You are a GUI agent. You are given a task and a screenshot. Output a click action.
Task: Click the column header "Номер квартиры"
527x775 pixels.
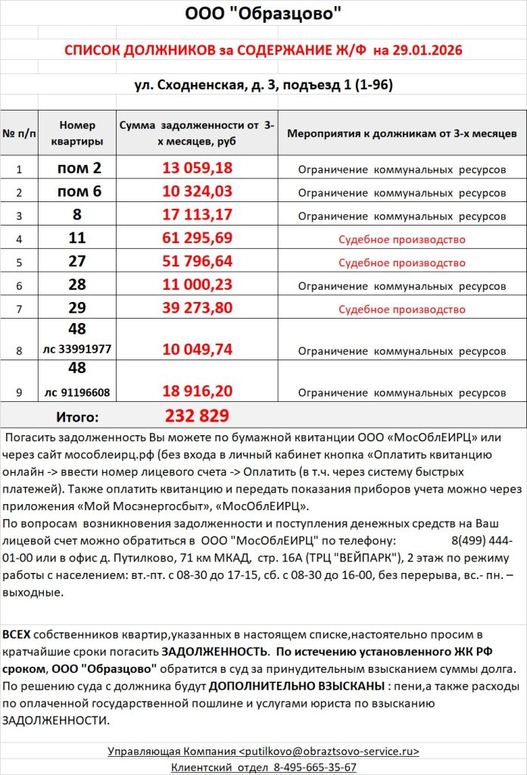tap(77, 133)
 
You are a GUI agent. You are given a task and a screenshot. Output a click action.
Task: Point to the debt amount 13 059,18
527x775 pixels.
tap(197, 168)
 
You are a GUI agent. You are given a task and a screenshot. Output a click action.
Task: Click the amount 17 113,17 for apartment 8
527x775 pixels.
tap(197, 215)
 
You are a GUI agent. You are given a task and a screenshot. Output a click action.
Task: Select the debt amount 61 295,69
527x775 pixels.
tap(197, 238)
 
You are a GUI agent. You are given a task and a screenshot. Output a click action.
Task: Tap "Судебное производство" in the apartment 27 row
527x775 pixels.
tap(401, 263)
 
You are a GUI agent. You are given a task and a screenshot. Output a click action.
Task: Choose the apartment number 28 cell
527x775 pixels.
tap(77, 285)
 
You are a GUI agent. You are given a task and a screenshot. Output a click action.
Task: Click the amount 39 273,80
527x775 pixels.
tap(197, 309)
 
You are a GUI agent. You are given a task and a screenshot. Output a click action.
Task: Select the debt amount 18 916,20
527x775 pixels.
tap(197, 391)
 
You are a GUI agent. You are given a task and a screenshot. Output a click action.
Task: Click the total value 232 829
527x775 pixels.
tap(197, 416)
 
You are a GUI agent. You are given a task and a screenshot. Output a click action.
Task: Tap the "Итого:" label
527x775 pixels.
tap(77, 416)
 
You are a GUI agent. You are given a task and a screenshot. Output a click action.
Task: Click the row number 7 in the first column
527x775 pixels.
tap(20, 310)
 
